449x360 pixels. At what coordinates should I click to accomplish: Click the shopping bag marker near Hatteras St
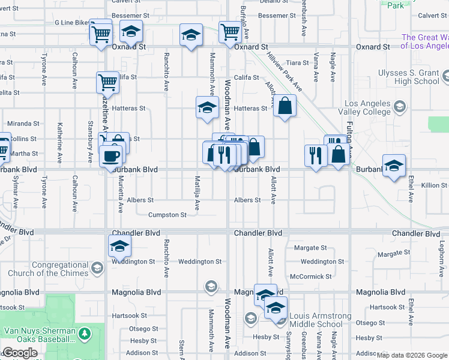[285, 106]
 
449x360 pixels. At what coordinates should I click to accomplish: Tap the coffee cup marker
[110, 155]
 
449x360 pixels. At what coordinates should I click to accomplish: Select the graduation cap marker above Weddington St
[119, 245]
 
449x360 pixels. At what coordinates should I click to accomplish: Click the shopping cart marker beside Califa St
[107, 82]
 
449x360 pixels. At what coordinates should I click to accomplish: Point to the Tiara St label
[298, 62]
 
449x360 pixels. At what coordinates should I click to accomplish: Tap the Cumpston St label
[167, 215]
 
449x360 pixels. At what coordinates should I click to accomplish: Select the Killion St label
[434, 186]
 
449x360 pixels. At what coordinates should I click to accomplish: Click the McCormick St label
[311, 277]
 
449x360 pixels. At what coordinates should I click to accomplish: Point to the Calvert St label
[433, 32]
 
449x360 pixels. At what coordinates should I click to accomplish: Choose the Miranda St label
[23, 124]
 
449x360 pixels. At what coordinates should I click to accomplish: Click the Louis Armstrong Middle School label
[320, 320]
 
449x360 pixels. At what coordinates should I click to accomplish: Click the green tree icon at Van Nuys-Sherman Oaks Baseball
[85, 332]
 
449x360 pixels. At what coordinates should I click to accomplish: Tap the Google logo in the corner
[20, 353]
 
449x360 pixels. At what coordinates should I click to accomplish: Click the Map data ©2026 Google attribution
[412, 355]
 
